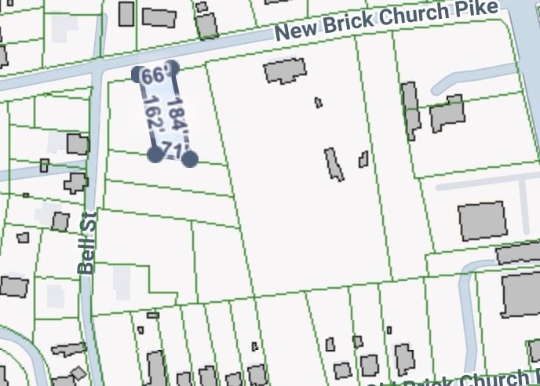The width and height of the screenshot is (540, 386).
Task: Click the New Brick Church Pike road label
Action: (x=387, y=20)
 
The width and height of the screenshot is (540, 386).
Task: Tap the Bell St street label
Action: (x=87, y=242)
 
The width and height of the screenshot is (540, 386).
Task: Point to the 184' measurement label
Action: (x=179, y=116)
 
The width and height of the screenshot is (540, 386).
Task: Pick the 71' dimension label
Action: (x=175, y=151)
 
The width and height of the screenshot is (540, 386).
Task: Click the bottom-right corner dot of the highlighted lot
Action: (x=190, y=159)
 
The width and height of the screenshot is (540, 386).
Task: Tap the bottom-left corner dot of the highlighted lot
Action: (x=155, y=154)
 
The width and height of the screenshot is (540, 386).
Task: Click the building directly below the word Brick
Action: (x=286, y=72)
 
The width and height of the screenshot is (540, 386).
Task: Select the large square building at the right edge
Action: (x=481, y=221)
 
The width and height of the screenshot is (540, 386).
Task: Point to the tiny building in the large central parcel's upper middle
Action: (x=318, y=102)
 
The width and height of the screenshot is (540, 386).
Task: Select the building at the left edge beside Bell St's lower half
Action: (x=14, y=286)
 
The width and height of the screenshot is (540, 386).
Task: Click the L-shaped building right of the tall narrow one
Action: (x=447, y=115)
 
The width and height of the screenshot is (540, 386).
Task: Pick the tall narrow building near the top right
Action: (x=410, y=111)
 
